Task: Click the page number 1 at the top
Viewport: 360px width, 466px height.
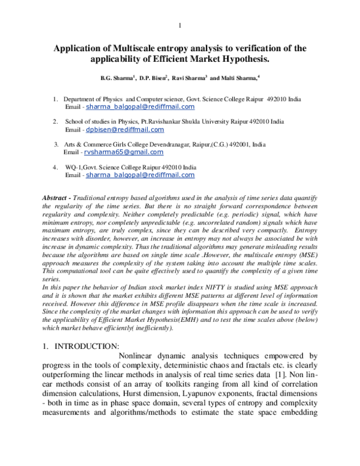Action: (179, 25)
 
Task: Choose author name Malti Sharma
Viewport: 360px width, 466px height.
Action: (239, 77)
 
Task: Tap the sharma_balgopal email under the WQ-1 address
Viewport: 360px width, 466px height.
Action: (140, 175)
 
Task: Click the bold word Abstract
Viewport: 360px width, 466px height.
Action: (55, 198)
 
